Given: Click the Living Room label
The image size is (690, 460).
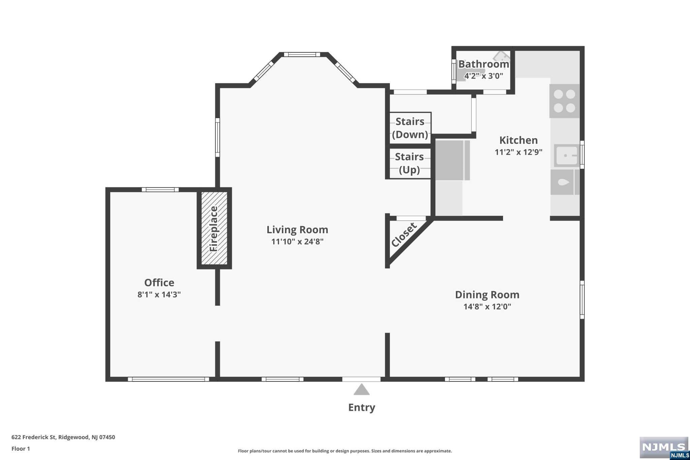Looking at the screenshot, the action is tap(297, 230).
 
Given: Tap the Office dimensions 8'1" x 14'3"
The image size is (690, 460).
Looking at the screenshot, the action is tap(159, 295).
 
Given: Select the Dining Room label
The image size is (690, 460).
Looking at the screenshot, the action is tap(487, 295).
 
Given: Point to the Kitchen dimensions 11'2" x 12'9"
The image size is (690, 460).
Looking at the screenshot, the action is tap(519, 152).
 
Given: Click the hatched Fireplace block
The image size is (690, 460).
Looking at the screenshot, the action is tap(214, 228).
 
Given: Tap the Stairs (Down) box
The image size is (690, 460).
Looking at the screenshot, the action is tap(410, 128).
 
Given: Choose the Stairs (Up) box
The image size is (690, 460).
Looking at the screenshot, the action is tap(410, 163).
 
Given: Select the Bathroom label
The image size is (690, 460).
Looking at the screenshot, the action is tap(483, 64).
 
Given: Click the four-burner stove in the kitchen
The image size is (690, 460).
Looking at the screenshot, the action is tap(564, 101).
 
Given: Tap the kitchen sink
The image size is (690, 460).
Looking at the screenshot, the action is tap(567, 155).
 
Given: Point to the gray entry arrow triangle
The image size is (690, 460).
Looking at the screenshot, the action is tap(362, 389).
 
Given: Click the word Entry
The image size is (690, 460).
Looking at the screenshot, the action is tap(362, 407).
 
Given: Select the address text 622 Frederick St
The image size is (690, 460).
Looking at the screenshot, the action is tap(33, 437).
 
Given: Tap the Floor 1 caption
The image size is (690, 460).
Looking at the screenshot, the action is tap(21, 449).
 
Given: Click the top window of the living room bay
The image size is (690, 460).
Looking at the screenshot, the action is tap(302, 55).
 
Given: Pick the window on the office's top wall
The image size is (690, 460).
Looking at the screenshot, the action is tap(160, 190).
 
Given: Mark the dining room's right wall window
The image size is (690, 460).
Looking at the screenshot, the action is tap(582, 300).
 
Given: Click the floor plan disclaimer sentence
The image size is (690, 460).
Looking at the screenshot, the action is tap(345, 451).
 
